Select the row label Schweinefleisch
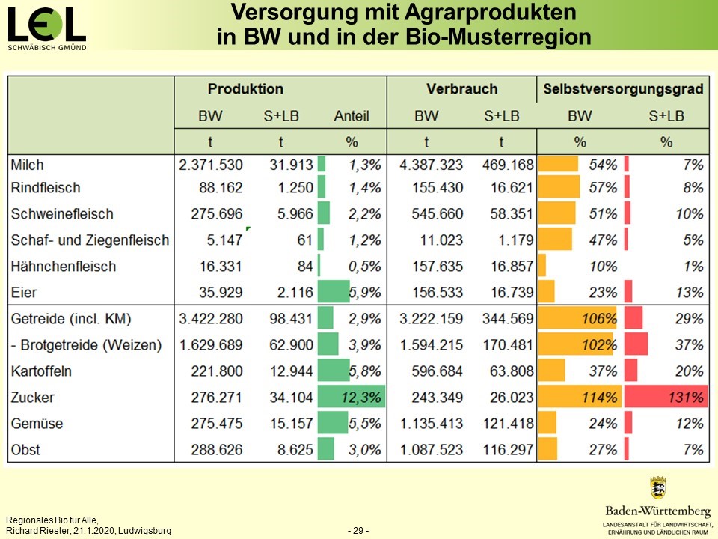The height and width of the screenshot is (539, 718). [x=62, y=214]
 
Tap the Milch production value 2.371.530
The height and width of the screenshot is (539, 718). [x=211, y=165]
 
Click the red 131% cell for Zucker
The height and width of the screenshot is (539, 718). [x=666, y=398]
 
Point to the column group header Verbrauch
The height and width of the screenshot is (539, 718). [x=461, y=89]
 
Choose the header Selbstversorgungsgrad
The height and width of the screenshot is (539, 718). [x=622, y=89]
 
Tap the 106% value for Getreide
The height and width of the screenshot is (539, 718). [x=599, y=319]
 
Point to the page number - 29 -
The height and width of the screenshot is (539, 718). [x=358, y=531]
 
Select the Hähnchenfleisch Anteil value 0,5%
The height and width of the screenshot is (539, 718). [x=364, y=267]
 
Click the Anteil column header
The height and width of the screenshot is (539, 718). [x=352, y=117]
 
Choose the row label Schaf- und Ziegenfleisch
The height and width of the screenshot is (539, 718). [x=90, y=240]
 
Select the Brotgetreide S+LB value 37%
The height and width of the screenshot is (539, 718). [x=689, y=345]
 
